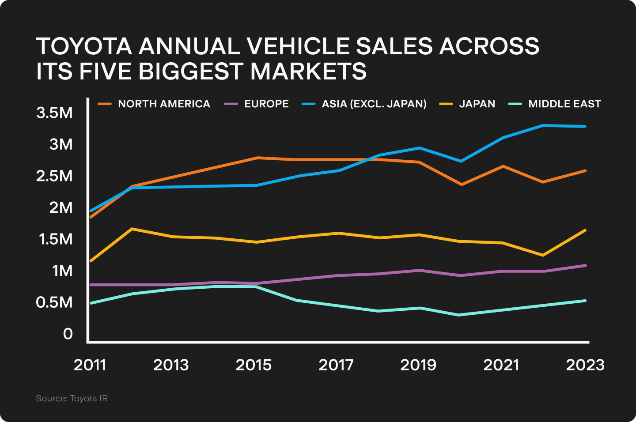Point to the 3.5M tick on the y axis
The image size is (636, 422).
click(54, 113)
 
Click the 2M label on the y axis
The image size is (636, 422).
click(61, 207)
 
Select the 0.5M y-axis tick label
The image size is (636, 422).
click(54, 302)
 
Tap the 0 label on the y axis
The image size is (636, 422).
click(68, 334)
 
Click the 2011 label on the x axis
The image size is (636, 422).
click(90, 365)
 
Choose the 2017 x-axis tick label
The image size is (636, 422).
click(336, 365)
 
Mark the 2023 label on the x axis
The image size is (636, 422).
click(585, 365)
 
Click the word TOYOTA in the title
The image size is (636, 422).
click(84, 46)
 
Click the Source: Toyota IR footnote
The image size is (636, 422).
click(72, 399)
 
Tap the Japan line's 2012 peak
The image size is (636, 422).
click(132, 229)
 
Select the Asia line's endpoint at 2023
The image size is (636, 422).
click(585, 126)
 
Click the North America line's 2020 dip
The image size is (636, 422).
click(461, 185)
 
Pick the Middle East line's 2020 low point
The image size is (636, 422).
click(459, 315)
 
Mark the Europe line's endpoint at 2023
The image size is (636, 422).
click(585, 265)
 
